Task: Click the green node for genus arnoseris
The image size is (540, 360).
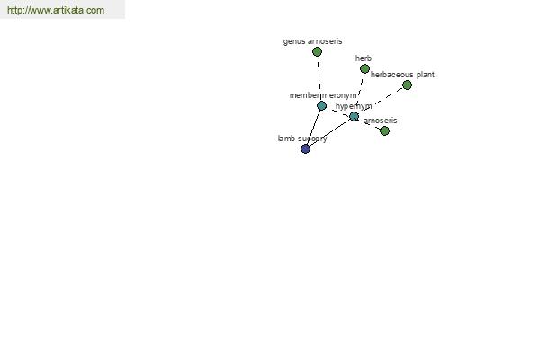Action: tap(317, 52)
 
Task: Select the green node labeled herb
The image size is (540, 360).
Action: tap(364, 69)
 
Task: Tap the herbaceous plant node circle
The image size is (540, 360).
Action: tap(407, 85)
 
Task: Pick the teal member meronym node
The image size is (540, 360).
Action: tap(321, 106)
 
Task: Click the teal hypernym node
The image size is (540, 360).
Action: tap(354, 117)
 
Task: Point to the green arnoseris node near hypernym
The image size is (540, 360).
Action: tap(384, 131)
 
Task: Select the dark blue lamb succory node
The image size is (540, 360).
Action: tap(305, 149)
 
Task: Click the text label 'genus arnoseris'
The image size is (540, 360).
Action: tap(312, 41)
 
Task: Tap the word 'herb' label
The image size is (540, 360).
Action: tap(364, 58)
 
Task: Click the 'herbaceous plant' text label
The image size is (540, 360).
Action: tap(402, 75)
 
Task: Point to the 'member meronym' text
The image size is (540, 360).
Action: tap(323, 95)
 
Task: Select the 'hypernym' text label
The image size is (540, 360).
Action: tap(354, 106)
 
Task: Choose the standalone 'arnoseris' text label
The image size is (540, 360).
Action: tap(380, 121)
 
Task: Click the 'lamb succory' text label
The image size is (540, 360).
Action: tap(301, 139)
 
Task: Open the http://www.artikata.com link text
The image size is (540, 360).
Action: tap(56, 10)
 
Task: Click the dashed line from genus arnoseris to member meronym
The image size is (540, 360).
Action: tap(319, 79)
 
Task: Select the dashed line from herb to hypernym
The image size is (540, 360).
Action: tap(359, 93)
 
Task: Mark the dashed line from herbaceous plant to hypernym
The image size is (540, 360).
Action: tap(381, 101)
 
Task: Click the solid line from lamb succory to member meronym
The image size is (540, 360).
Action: tap(313, 128)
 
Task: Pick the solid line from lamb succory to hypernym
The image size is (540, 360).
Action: tap(329, 133)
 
